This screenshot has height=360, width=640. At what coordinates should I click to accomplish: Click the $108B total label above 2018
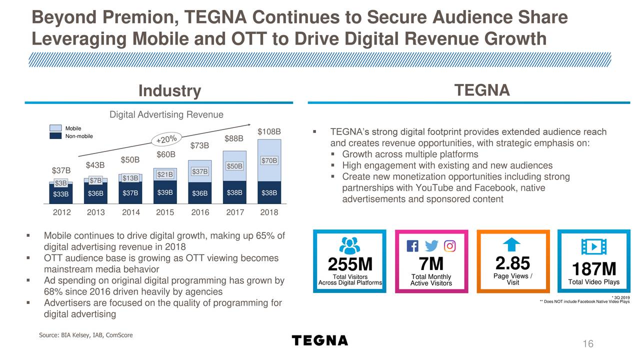tap(269, 132)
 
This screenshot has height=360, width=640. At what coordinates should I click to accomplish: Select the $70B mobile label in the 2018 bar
tap(269, 160)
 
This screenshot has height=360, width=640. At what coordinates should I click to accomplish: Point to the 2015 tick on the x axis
tap(165, 212)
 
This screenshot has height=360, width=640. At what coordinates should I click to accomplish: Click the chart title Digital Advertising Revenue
tap(166, 115)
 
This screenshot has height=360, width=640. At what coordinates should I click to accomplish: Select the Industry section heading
tap(169, 91)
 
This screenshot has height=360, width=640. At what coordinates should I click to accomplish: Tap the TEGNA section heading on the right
tap(482, 90)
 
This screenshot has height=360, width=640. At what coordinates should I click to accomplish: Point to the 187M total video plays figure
tap(593, 269)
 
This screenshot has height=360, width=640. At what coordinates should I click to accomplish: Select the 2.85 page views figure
tap(512, 263)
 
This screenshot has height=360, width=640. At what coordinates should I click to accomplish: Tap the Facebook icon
tap(412, 246)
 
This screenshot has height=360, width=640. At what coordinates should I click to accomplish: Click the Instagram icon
tap(450, 246)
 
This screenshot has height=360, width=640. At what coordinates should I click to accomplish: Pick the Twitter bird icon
tap(431, 246)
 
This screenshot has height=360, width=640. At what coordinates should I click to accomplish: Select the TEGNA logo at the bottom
tap(319, 340)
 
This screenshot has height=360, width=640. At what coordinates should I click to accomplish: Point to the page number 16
tap(587, 343)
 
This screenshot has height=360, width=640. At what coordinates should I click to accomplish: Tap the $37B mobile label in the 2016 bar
tap(199, 172)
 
